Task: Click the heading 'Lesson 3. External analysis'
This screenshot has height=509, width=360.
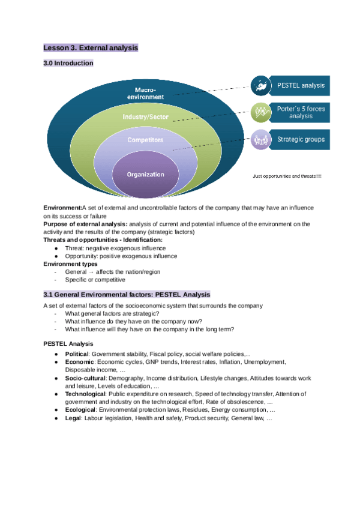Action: pos(91,47)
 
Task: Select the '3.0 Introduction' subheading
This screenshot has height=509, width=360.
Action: pos(68,63)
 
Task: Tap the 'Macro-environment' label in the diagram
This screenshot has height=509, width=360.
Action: pos(145,93)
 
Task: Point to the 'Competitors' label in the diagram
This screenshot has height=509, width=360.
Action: pos(145,140)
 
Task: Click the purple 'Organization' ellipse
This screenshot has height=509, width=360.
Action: pos(145,175)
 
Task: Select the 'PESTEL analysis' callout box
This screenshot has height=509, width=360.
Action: pos(300,85)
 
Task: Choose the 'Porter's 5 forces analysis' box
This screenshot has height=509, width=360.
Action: pos(300,112)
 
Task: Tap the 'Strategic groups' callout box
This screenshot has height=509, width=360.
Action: pos(300,139)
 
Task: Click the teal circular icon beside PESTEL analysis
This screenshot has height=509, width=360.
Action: pos(260,85)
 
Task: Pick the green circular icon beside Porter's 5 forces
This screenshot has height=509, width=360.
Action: pos(260,112)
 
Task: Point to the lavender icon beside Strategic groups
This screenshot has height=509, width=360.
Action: pos(260,139)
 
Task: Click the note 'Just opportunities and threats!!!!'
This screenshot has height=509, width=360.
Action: pos(287,176)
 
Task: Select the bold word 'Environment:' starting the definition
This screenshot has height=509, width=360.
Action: pos(62,208)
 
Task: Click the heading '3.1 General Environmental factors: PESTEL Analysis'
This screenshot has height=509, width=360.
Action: pos(127,295)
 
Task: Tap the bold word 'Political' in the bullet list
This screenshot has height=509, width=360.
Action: pos(76,354)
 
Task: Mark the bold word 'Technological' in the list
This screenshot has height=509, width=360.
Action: pos(85,394)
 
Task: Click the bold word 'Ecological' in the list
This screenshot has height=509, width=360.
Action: pos(80,409)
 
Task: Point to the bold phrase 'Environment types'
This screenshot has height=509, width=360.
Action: pos(70,264)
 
